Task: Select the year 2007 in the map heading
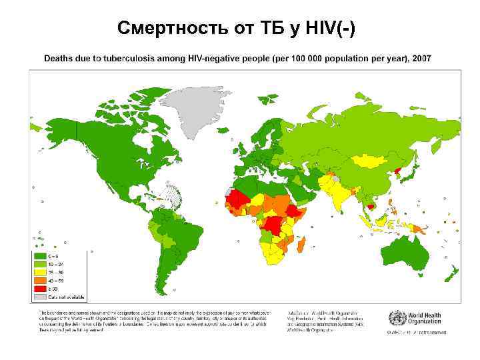coord(421,59)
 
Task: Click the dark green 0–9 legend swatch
coord(41,256)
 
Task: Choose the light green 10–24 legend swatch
coord(41,265)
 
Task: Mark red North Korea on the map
coord(399,171)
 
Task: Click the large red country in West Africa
coord(235,198)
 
